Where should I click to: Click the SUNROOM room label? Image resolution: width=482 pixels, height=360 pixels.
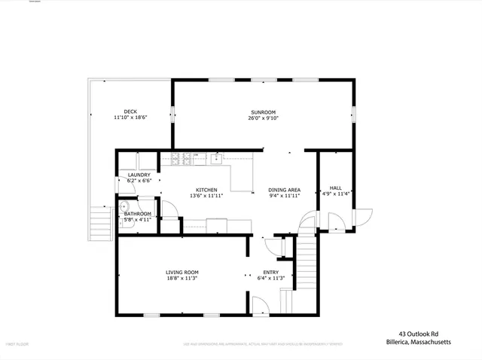click(x=264, y=111)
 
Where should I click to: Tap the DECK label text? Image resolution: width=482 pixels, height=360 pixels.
click(x=130, y=111)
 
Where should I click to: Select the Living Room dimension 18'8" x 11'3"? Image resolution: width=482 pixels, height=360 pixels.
click(x=182, y=278)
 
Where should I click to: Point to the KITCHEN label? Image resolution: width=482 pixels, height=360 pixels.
click(x=207, y=190)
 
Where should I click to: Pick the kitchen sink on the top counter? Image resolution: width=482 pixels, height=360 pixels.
click(x=216, y=158)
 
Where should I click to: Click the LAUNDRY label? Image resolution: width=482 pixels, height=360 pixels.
click(x=139, y=175)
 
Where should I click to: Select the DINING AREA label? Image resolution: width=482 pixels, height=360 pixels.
click(x=285, y=190)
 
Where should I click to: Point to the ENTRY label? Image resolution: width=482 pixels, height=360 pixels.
click(x=270, y=272)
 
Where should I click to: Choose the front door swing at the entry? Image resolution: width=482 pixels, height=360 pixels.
click(x=260, y=305)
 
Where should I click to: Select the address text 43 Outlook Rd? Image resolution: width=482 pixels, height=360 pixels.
click(x=419, y=334)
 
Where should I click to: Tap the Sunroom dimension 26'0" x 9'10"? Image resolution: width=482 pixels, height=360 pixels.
click(x=264, y=118)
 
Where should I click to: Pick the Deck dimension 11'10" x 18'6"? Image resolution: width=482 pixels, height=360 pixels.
click(x=130, y=118)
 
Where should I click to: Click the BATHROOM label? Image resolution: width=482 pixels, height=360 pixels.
click(x=138, y=214)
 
